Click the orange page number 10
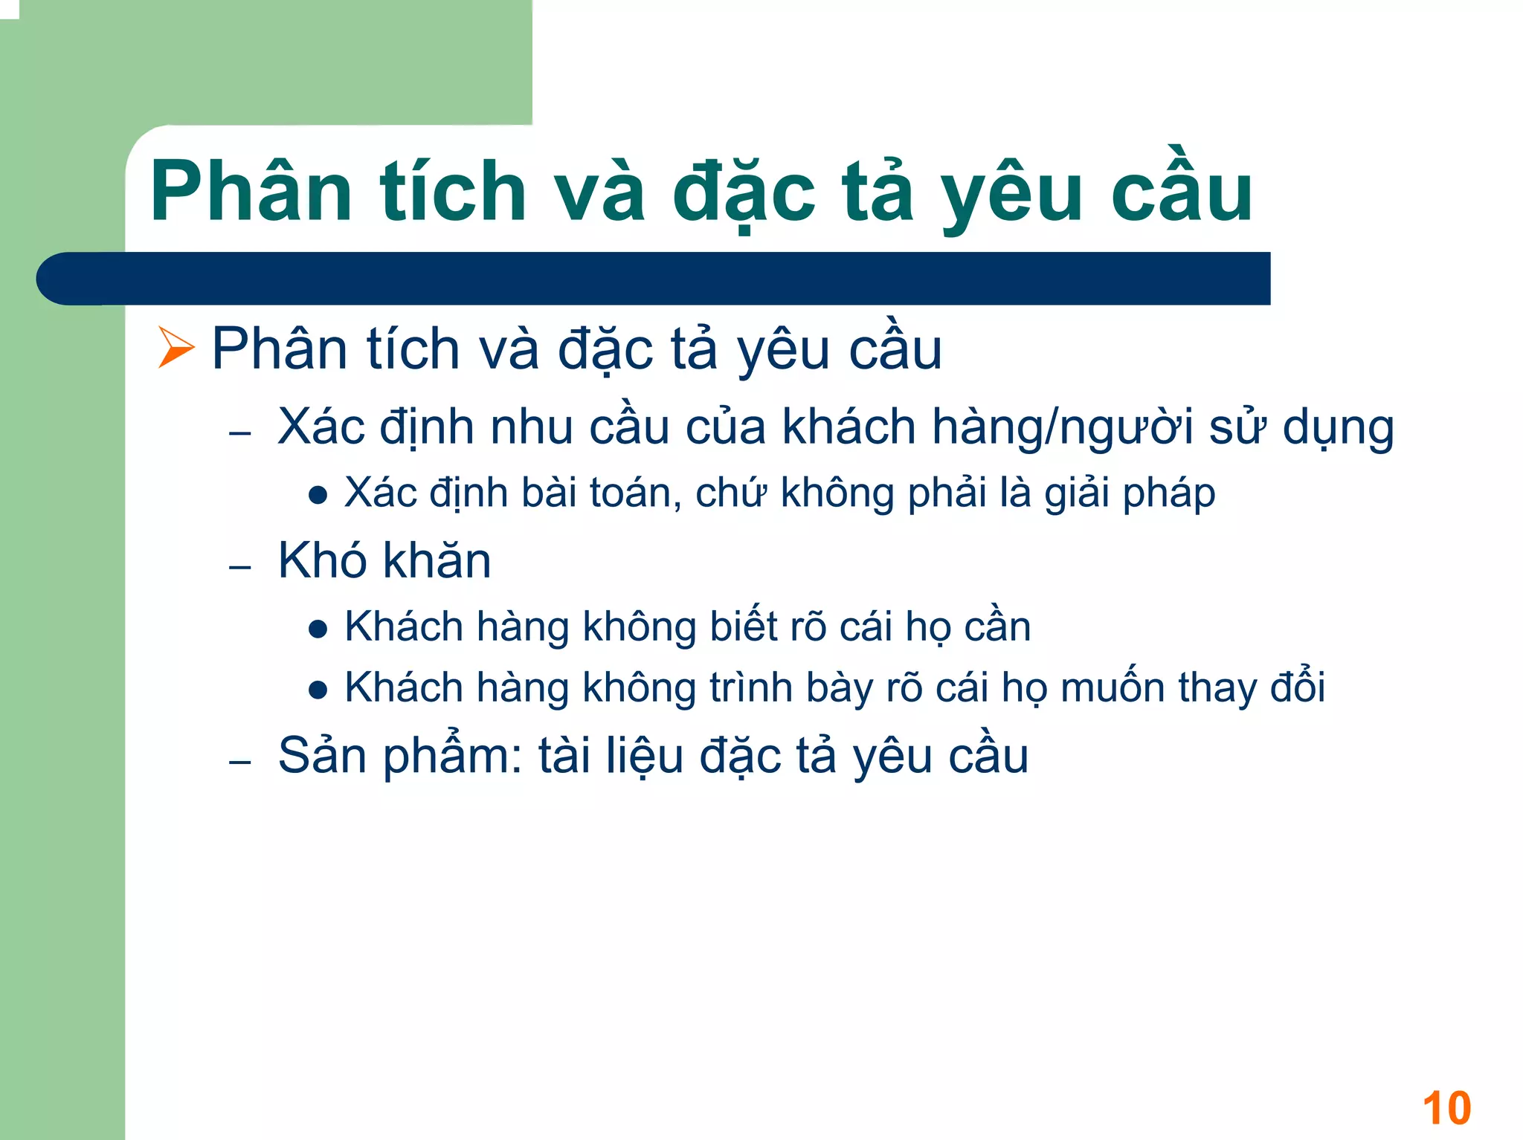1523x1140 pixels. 1446,1108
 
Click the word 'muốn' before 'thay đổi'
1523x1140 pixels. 1113,687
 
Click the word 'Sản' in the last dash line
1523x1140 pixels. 322,756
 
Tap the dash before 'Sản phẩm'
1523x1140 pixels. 240,762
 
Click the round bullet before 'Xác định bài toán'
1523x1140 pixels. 318,496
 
